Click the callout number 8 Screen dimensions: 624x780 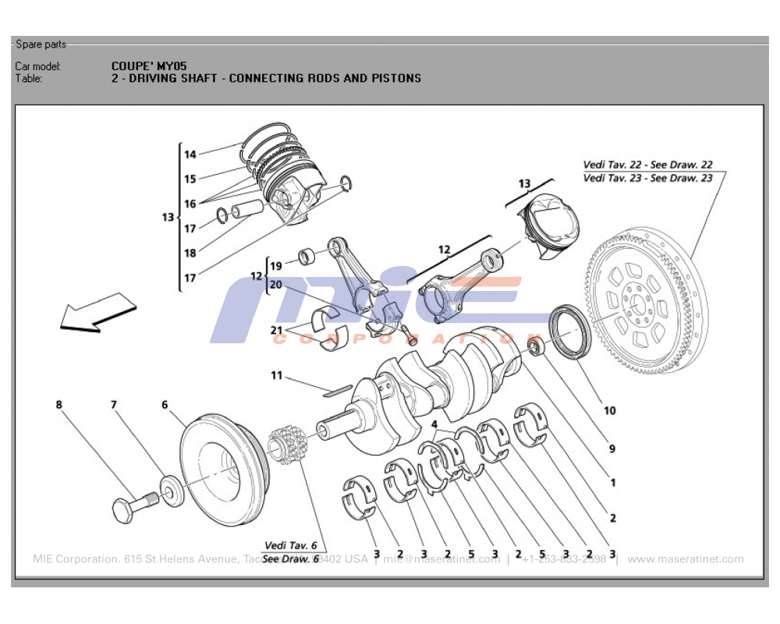(x=58, y=405)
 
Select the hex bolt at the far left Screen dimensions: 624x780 (x=129, y=508)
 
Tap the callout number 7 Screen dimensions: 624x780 (x=113, y=405)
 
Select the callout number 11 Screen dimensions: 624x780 (x=276, y=376)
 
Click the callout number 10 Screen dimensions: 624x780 (x=609, y=410)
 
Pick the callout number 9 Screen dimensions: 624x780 (x=612, y=449)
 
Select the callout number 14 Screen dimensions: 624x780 (x=190, y=154)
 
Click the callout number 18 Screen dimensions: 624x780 (x=190, y=253)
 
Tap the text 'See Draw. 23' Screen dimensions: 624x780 (x=681, y=178)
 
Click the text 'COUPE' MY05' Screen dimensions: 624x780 (x=149, y=66)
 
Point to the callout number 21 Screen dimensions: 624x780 (x=276, y=331)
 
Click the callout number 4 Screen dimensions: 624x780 (x=434, y=424)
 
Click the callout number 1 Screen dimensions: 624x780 (x=612, y=483)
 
